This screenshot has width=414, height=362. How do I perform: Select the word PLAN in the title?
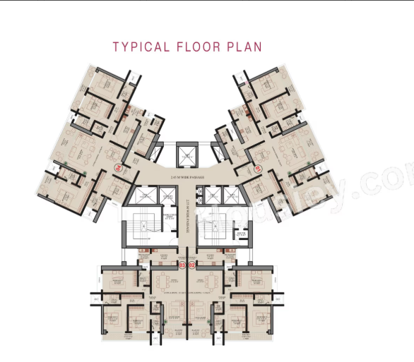pos(244,47)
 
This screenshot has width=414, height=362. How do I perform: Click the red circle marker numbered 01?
pos(258,169)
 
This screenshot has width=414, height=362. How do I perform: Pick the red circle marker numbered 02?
pos(191,265)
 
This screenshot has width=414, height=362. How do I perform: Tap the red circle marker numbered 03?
pos(182,265)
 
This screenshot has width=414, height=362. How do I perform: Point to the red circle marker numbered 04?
pos(118,169)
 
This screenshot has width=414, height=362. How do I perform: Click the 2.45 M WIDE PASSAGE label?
pos(187,178)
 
